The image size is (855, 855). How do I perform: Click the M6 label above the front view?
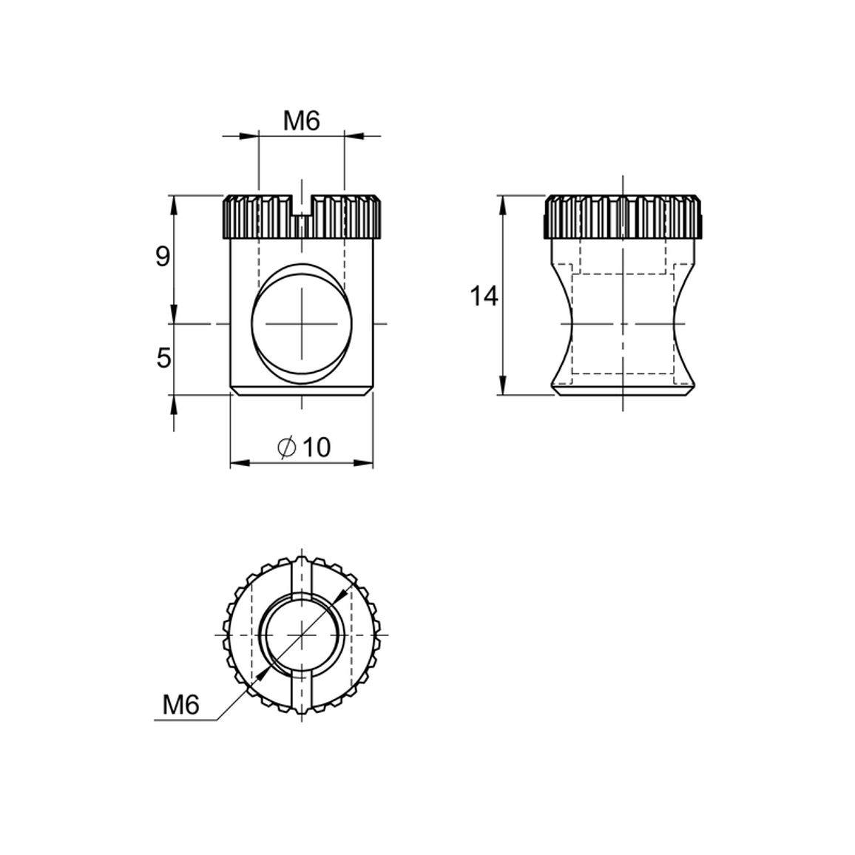(x=301, y=121)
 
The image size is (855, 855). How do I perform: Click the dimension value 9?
(x=163, y=257)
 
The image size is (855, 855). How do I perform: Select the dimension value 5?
(x=163, y=358)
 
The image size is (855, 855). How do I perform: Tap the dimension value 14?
(x=484, y=297)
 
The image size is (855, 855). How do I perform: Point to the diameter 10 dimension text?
(x=304, y=447)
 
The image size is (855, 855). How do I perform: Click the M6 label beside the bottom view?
(x=182, y=706)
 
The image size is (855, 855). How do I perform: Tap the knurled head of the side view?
(x=622, y=217)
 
